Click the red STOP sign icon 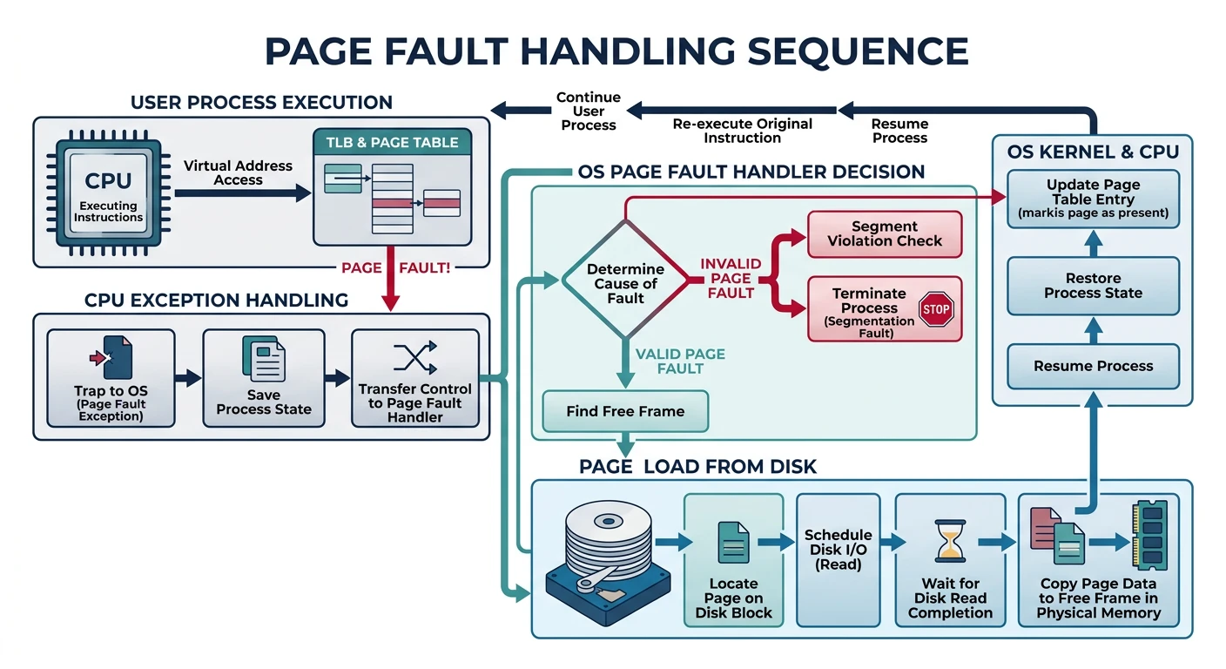pos(936,309)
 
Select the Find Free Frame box pos(625,411)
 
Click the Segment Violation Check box pos(885,233)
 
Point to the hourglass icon pos(949,542)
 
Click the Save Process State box pos(263,377)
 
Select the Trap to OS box pos(110,377)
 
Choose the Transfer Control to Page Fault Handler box pos(414,377)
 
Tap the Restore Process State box pos(1093,286)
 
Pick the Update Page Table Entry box pos(1093,199)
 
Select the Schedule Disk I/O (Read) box pos(838,559)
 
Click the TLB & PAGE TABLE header pos(391,143)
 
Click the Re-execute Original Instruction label pos(742,131)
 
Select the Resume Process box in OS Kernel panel pos(1093,366)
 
